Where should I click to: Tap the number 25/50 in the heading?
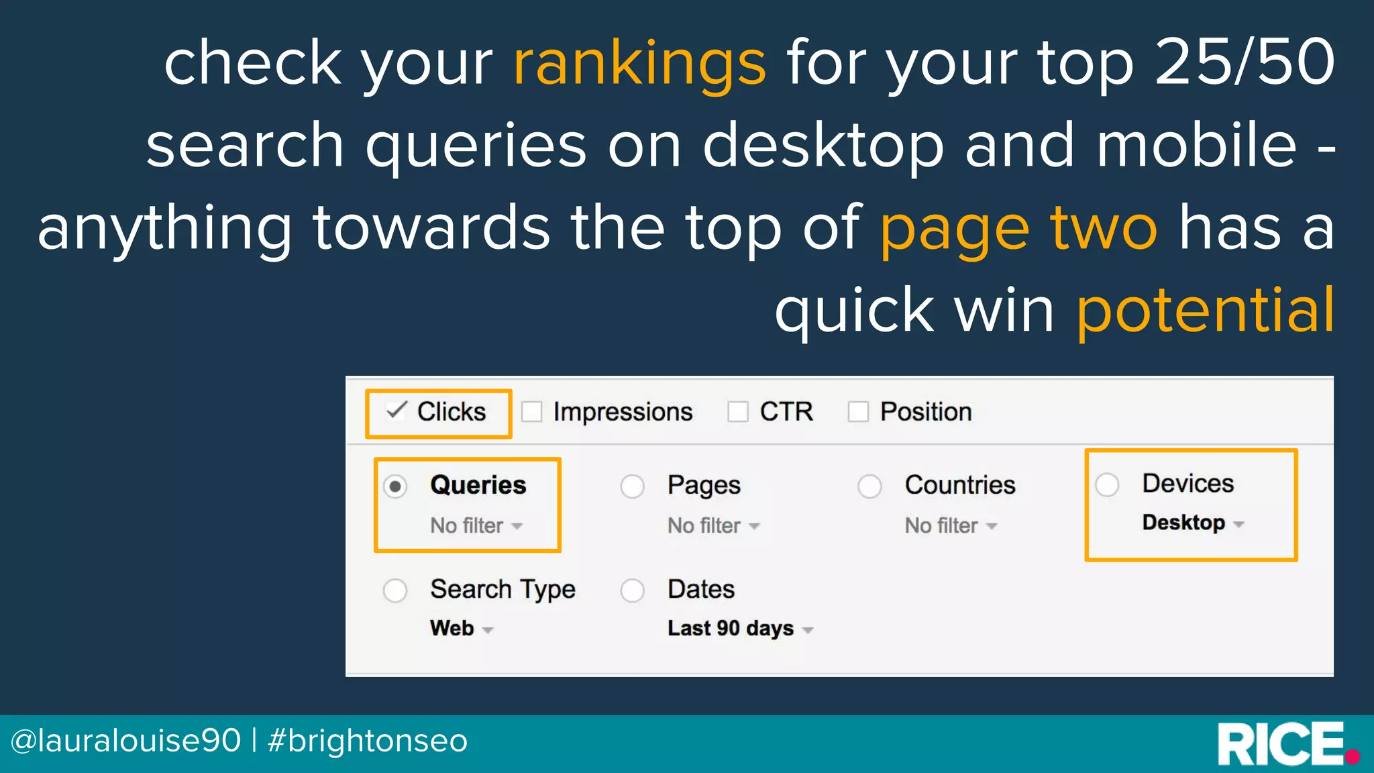[x=1245, y=62]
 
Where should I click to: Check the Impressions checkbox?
[x=532, y=411]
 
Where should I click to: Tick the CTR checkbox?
[x=738, y=411]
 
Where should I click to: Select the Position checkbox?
[x=858, y=411]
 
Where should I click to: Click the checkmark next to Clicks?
[x=397, y=410]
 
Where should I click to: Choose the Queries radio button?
[x=395, y=486]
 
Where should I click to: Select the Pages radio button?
[x=632, y=486]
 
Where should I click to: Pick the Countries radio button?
[x=869, y=486]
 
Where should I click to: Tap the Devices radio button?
[x=1107, y=484]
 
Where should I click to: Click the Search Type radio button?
[x=395, y=590]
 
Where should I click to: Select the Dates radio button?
[x=632, y=590]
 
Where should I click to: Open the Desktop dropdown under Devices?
[x=1193, y=523]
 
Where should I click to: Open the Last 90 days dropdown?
[x=740, y=629]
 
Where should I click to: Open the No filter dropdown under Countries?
[x=951, y=525]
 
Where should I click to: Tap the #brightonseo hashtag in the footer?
[x=368, y=741]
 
